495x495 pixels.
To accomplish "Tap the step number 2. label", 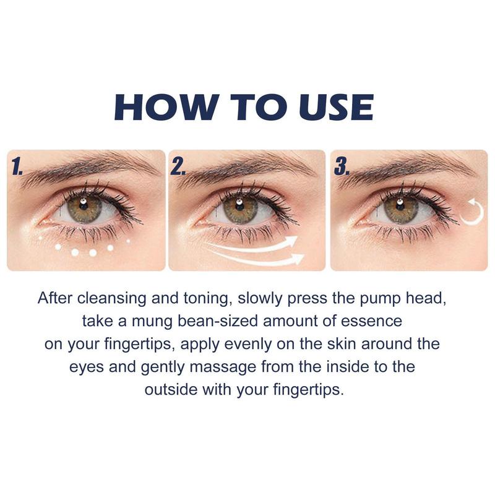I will (x=180, y=166).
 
